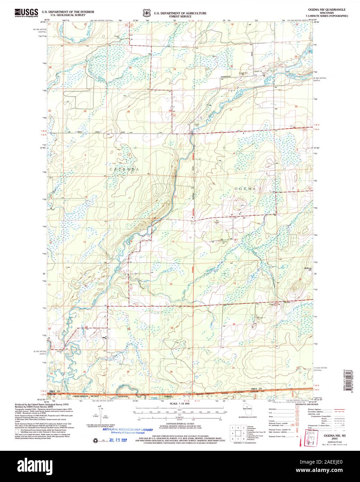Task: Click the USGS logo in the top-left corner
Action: (26, 13)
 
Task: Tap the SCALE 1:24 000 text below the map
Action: (180, 404)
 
